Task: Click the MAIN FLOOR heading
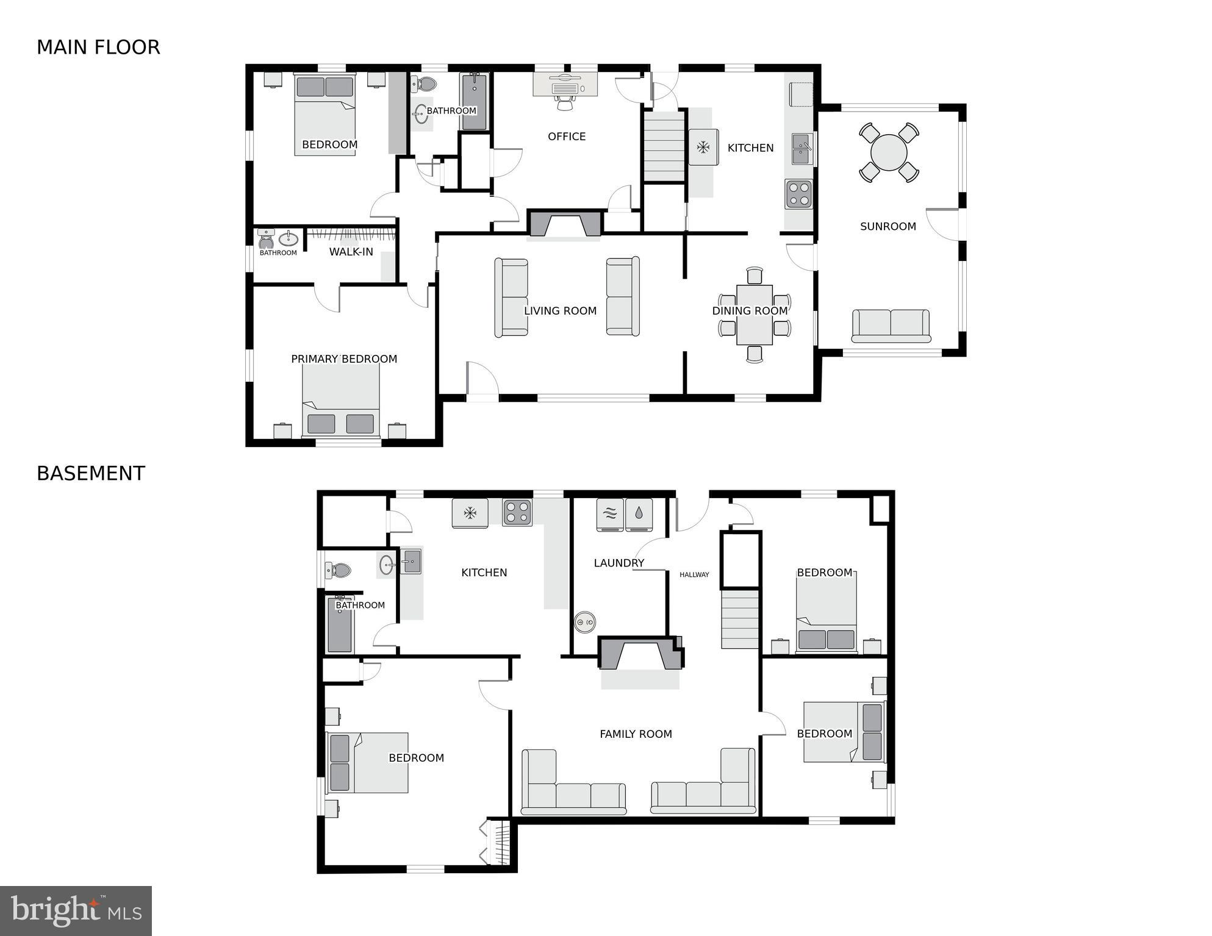(98, 48)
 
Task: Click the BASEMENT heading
(91, 474)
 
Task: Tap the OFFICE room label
(567, 137)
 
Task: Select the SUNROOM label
(887, 226)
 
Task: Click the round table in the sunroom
(889, 152)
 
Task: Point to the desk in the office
(565, 85)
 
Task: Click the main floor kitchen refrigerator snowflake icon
(703, 148)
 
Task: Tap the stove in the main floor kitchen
(798, 195)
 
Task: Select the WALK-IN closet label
(351, 252)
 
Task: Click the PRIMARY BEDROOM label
(344, 359)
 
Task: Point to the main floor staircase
(664, 146)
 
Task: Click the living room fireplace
(565, 223)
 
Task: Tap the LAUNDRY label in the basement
(619, 563)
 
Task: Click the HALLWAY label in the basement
(694, 574)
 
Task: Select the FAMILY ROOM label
(636, 734)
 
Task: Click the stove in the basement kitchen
(517, 512)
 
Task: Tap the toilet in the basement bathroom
(339, 571)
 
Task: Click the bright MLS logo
(76, 911)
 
